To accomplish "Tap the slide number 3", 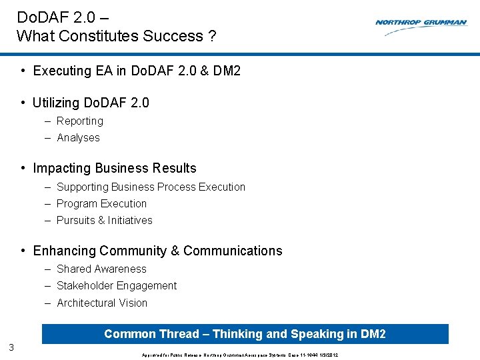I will coord(11,347).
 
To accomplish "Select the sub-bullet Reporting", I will coord(79,121).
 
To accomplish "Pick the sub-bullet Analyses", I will coord(78,137).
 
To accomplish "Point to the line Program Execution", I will coord(101,203).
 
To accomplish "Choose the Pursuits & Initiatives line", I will coord(104,220).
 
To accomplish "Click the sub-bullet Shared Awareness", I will coord(101,269).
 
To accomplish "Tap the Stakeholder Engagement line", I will coord(117,285).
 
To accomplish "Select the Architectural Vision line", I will coord(102,303).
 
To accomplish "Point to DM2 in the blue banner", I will coord(372,334).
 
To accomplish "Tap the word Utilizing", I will coord(55,103).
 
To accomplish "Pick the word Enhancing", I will coord(64,251).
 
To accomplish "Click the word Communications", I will coord(233,251).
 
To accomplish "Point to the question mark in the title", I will coord(212,36).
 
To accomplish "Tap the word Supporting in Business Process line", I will coord(83,187).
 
